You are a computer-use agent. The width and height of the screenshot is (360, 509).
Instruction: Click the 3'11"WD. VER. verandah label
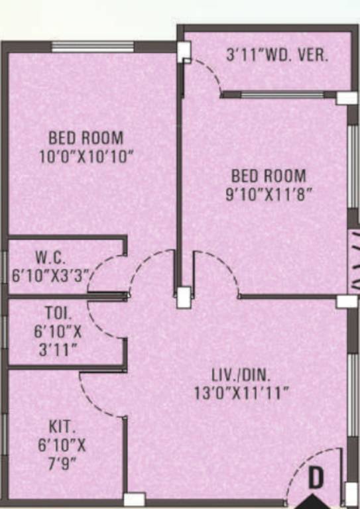(277, 55)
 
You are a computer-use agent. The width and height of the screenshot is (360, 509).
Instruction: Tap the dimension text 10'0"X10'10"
(86, 157)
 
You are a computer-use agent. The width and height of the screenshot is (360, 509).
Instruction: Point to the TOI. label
(55, 311)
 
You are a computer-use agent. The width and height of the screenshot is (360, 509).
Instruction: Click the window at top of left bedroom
(92, 47)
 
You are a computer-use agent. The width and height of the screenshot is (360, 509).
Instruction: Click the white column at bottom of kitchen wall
(134, 499)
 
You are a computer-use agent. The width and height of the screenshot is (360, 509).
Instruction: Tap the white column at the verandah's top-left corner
(184, 50)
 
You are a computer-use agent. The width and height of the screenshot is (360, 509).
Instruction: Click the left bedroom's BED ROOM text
(86, 139)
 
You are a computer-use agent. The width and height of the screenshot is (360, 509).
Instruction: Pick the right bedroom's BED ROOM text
(269, 176)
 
